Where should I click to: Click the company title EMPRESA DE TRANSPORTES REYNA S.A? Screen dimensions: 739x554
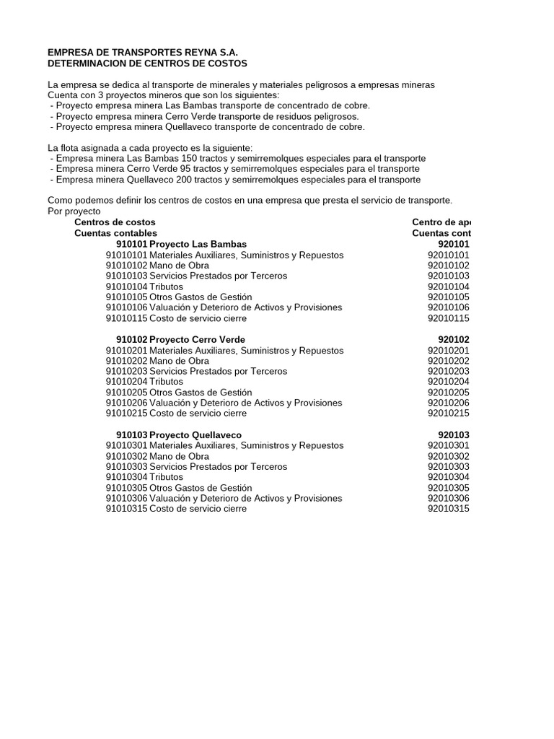142,53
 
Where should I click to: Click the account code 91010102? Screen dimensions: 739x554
126,266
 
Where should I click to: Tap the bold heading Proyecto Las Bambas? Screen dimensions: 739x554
198,244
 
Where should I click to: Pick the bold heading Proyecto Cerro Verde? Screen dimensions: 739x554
197,339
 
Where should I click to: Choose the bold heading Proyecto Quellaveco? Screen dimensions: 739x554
195,435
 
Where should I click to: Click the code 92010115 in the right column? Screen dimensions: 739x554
448,318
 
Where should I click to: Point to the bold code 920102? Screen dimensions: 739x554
454,339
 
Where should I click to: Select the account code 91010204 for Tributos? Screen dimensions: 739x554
126,382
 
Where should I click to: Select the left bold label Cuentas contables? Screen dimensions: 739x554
115,233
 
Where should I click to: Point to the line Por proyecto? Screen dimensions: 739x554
74,211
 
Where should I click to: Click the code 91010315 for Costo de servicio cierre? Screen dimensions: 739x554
126,509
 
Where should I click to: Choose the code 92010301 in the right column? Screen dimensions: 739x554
448,446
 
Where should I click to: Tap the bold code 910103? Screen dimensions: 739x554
131,435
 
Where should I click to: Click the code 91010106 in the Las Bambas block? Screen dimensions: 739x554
126,307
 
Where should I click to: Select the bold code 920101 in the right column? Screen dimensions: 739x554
454,244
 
